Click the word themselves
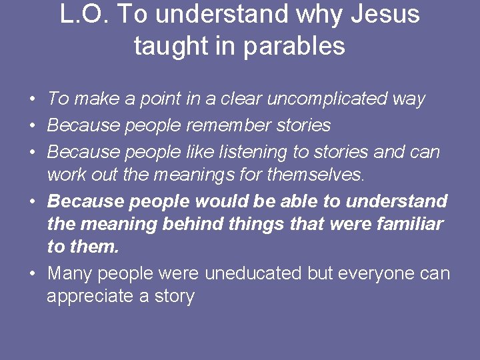point(315,175)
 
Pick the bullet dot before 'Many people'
point(32,274)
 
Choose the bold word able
point(300,201)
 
